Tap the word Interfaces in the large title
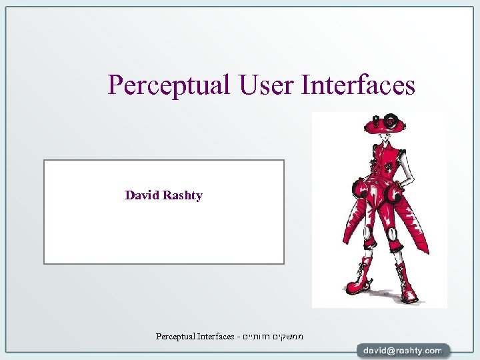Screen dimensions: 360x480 click(x=359, y=85)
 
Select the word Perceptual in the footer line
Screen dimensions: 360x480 click(x=175, y=337)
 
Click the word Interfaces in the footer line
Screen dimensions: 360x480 click(x=215, y=337)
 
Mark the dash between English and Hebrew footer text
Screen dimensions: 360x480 click(x=238, y=337)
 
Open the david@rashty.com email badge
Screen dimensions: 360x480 click(x=402, y=350)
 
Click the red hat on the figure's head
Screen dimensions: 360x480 click(x=383, y=123)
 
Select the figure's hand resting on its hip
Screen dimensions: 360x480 click(x=402, y=181)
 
